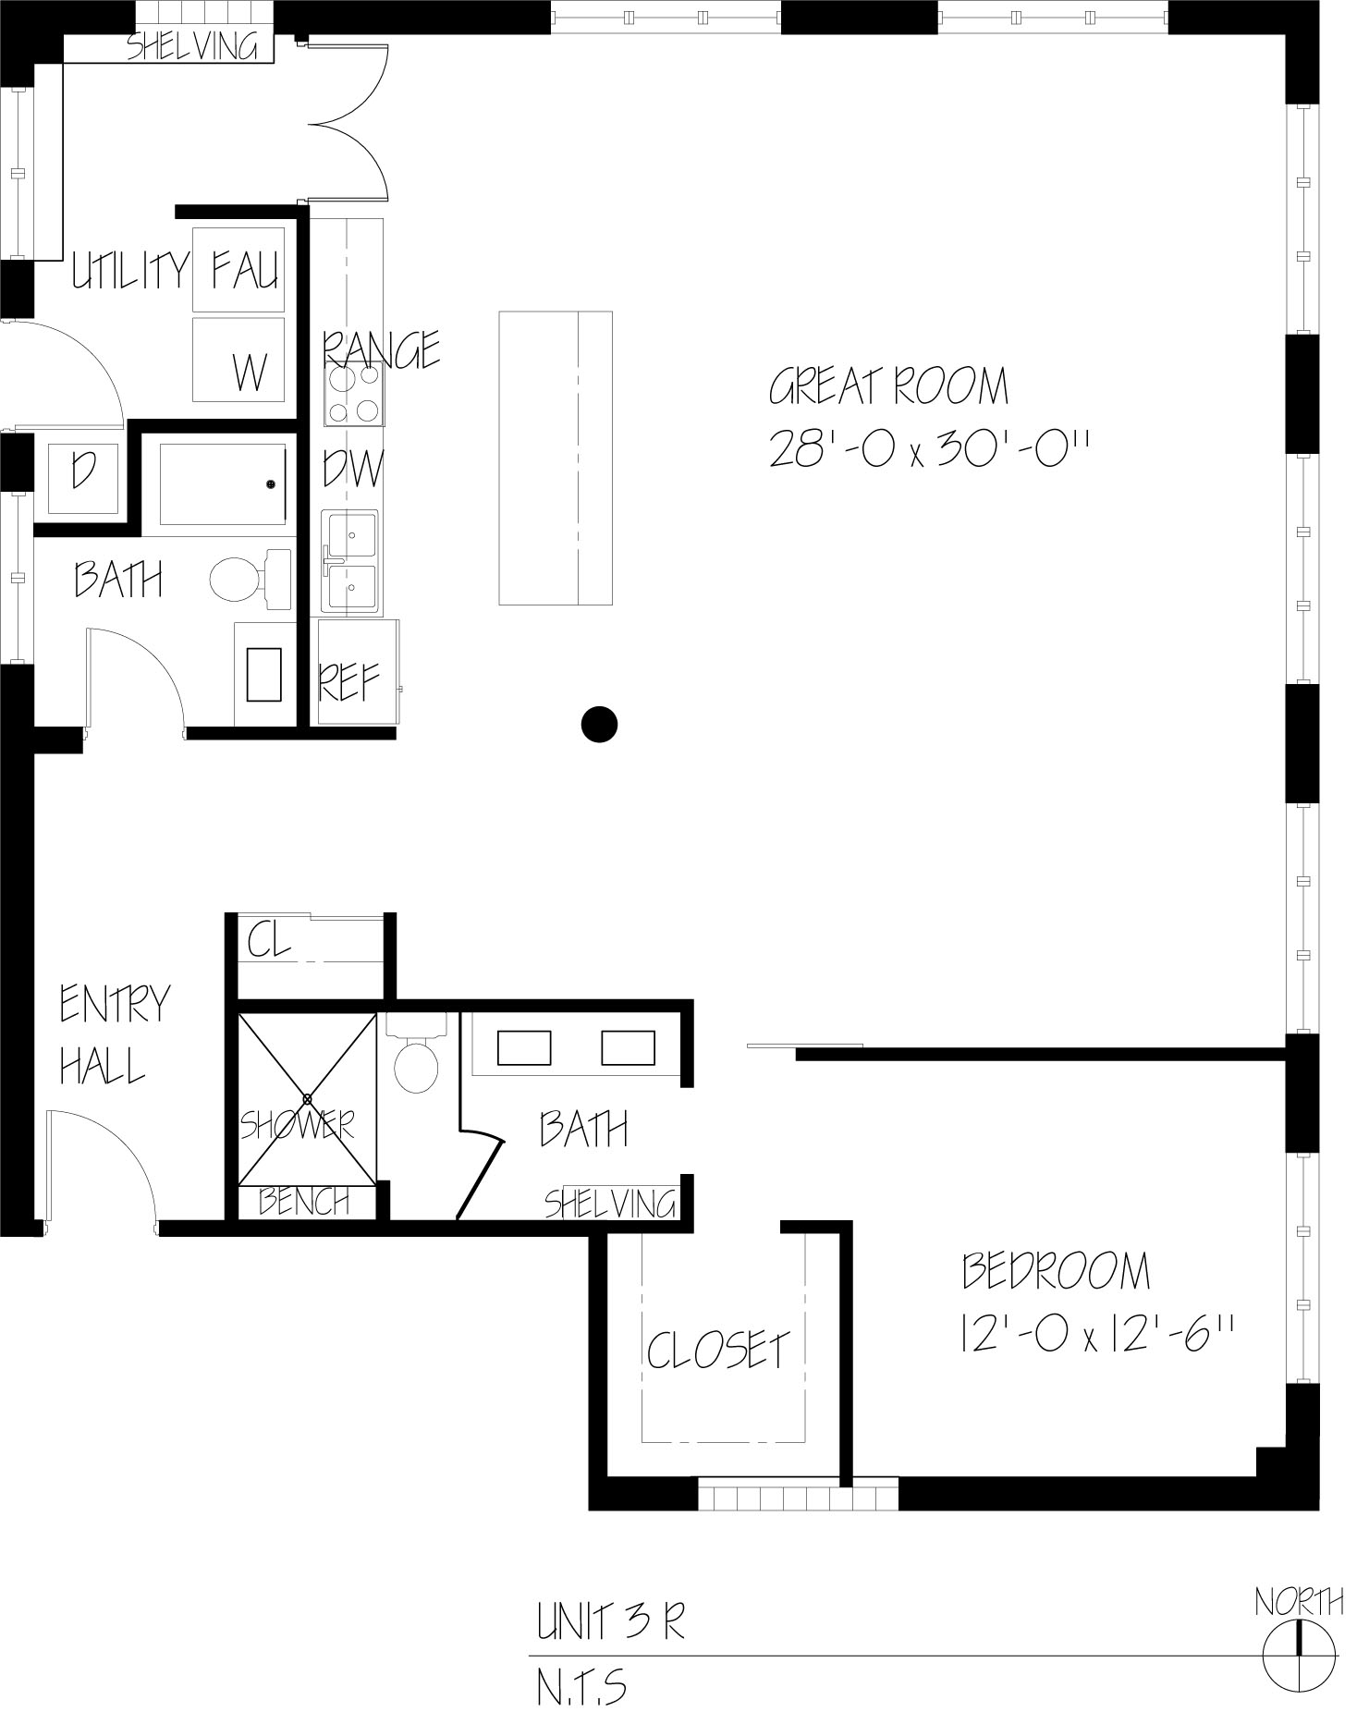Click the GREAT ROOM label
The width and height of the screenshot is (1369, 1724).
click(x=888, y=386)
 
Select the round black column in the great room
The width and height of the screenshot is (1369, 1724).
click(x=599, y=724)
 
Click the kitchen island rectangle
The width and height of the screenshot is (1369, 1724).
click(x=556, y=458)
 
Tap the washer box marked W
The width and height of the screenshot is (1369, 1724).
click(x=238, y=360)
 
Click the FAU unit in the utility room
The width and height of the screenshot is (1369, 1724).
click(x=238, y=269)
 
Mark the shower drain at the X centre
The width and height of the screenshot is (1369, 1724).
click(x=307, y=1098)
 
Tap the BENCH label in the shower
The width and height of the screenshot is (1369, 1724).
click(x=304, y=1202)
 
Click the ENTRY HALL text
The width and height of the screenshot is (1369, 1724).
click(x=115, y=1034)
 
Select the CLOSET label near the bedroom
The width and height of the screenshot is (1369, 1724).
click(x=718, y=1351)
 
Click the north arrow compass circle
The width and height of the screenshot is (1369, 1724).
click(x=1299, y=1652)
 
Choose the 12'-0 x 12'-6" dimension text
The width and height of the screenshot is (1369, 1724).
click(x=1097, y=1335)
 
